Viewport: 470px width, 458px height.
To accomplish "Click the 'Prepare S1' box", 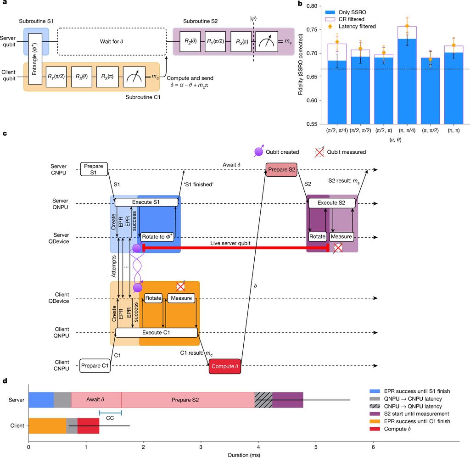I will (94, 169).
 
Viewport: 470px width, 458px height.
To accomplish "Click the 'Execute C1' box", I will (157, 333).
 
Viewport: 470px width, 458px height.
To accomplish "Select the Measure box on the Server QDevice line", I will (341, 237).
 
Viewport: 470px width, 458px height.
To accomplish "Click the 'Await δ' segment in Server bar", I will (96, 399).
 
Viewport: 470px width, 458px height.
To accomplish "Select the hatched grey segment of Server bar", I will (263, 399).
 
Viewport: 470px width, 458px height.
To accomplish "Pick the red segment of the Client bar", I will (88, 426).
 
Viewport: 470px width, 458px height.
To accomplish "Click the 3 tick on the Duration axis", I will (201, 444).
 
